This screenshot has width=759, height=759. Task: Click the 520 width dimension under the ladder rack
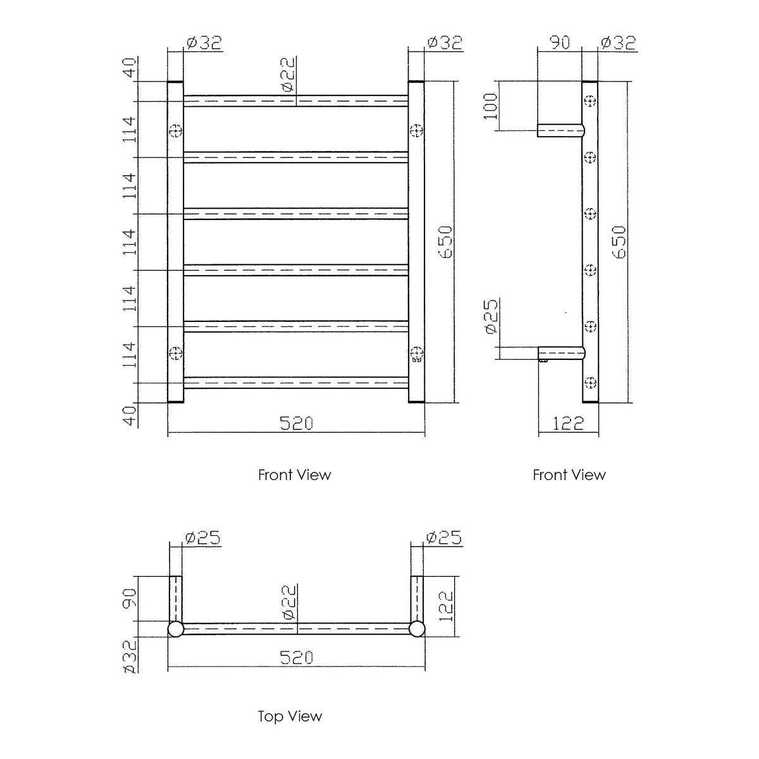click(296, 424)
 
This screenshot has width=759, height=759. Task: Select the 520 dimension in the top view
click(296, 657)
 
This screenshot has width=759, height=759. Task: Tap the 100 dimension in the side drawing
click(490, 106)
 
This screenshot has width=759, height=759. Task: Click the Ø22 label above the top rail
click(288, 75)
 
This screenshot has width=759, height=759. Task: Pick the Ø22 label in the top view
click(288, 603)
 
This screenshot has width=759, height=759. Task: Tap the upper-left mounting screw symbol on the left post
click(176, 130)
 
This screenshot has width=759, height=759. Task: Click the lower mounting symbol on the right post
click(416, 354)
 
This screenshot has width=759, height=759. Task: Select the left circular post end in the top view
click(176, 629)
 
